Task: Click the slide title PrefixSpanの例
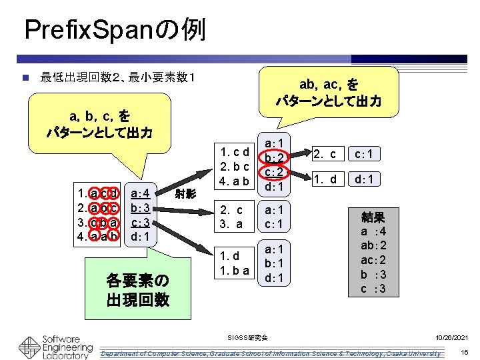coord(114,30)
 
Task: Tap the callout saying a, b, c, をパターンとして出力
coord(99,124)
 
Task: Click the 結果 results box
coord(372,253)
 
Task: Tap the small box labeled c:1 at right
coord(367,154)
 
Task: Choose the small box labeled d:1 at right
coord(367,179)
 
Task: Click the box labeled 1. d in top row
coord(326,179)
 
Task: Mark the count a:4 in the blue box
coord(143,194)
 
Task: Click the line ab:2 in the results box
coord(373,245)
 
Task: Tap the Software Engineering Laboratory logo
coord(56,346)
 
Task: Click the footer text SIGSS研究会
coord(248,338)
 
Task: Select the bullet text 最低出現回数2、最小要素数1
coord(117,79)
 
